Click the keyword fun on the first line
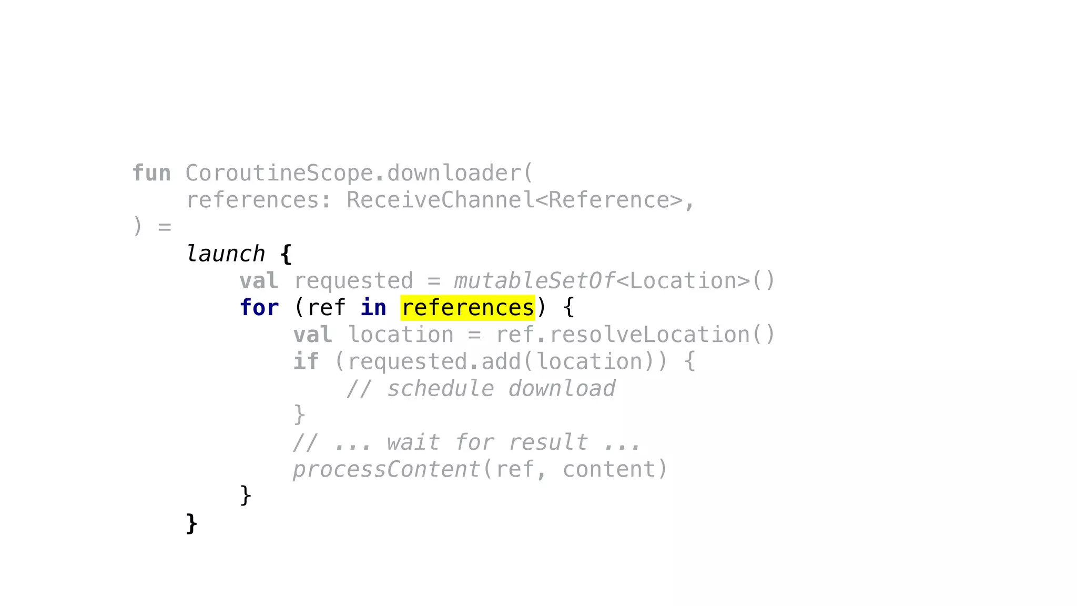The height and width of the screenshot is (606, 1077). [x=151, y=173]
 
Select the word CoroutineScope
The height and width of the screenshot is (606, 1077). [x=279, y=173]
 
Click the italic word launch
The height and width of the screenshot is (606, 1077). [x=226, y=254]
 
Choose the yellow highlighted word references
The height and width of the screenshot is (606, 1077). [x=468, y=308]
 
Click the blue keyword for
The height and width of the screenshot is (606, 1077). [x=259, y=308]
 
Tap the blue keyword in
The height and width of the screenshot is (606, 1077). [x=373, y=308]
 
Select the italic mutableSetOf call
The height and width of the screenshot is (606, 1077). [x=534, y=281]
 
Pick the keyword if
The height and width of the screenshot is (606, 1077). [x=306, y=361]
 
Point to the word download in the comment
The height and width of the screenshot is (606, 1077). [x=562, y=389]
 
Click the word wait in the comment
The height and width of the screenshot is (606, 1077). [x=413, y=442]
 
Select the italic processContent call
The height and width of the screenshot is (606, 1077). [x=386, y=469]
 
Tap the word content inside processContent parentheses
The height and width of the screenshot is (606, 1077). [x=609, y=469]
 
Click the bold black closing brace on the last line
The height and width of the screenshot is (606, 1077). [x=192, y=524]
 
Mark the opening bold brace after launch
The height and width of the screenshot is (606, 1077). [x=286, y=255]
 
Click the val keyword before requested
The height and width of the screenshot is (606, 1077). [x=259, y=281]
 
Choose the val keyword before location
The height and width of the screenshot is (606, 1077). [x=313, y=335]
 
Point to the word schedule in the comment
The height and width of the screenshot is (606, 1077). [x=441, y=389]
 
